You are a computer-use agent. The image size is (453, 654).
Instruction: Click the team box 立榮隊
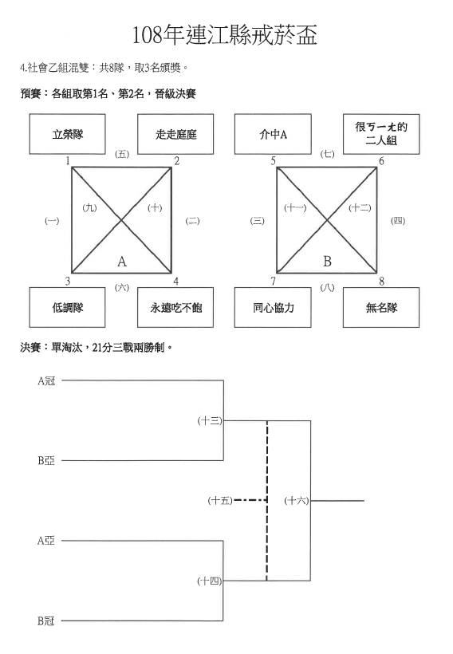coord(67,134)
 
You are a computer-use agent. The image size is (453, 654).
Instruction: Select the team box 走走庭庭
coord(175,134)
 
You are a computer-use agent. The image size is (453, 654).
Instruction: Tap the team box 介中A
coord(273,134)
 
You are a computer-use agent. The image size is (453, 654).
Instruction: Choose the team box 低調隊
coord(67,307)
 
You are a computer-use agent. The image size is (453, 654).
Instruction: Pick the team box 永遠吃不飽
coord(175,307)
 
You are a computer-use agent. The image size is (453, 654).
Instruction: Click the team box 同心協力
coord(273,307)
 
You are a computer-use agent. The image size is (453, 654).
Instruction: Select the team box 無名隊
coord(381,307)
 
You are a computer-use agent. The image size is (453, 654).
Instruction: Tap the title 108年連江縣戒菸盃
coord(225,34)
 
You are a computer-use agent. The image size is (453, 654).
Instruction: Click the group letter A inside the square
coord(121,262)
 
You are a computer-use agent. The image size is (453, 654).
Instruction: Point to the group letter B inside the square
coord(327,262)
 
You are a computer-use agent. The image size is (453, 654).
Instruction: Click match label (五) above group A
coord(122,154)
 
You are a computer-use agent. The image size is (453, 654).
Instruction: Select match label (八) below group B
coord(328,288)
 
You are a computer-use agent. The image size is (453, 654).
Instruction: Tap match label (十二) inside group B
coord(360,207)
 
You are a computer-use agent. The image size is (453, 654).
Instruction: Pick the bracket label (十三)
coord(210,421)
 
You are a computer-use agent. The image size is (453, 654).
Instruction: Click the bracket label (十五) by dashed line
coord(220,500)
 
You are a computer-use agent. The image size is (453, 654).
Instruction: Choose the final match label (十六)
coord(297,500)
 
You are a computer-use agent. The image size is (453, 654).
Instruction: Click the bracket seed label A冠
coord(46,380)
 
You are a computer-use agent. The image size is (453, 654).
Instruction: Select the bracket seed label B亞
coord(46,460)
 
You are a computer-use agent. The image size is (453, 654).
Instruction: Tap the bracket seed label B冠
coord(46,621)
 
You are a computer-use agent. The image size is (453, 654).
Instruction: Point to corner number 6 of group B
coord(381,161)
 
